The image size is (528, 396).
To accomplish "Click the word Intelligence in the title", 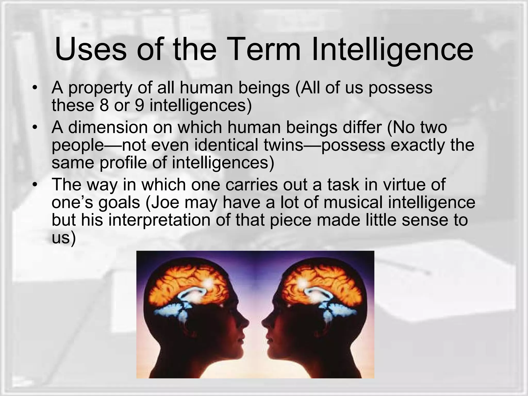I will point(392,49).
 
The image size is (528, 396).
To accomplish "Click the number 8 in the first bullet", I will point(104,105).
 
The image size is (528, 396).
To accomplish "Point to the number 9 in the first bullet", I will point(139,105).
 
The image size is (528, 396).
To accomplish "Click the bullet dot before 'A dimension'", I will point(35,128).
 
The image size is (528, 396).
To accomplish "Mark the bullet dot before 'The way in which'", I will point(35,185).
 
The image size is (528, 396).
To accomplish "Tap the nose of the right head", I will point(263,322).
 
